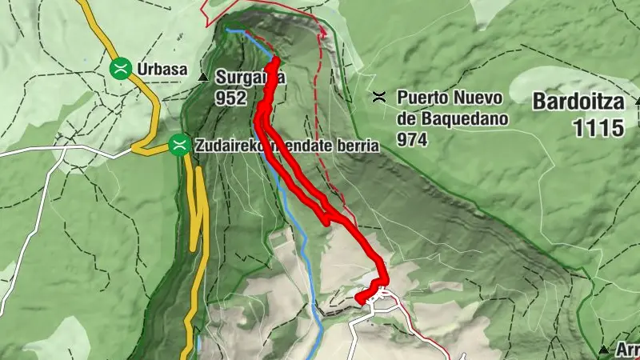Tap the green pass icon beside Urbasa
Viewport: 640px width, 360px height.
[121, 68]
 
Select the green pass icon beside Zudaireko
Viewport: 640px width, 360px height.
[180, 145]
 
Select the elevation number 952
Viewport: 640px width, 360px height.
[231, 98]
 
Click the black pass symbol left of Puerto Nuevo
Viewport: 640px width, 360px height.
[380, 98]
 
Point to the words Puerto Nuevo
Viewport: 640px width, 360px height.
[449, 98]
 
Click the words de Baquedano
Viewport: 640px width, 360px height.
[446, 119]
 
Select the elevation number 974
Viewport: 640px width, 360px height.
[413, 139]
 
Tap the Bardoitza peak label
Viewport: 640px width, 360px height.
[578, 102]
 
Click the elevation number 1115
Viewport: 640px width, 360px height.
[598, 128]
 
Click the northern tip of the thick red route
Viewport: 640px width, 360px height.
[276, 61]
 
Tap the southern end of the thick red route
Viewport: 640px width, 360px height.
[359, 300]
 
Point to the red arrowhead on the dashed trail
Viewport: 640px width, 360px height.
[324, 34]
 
